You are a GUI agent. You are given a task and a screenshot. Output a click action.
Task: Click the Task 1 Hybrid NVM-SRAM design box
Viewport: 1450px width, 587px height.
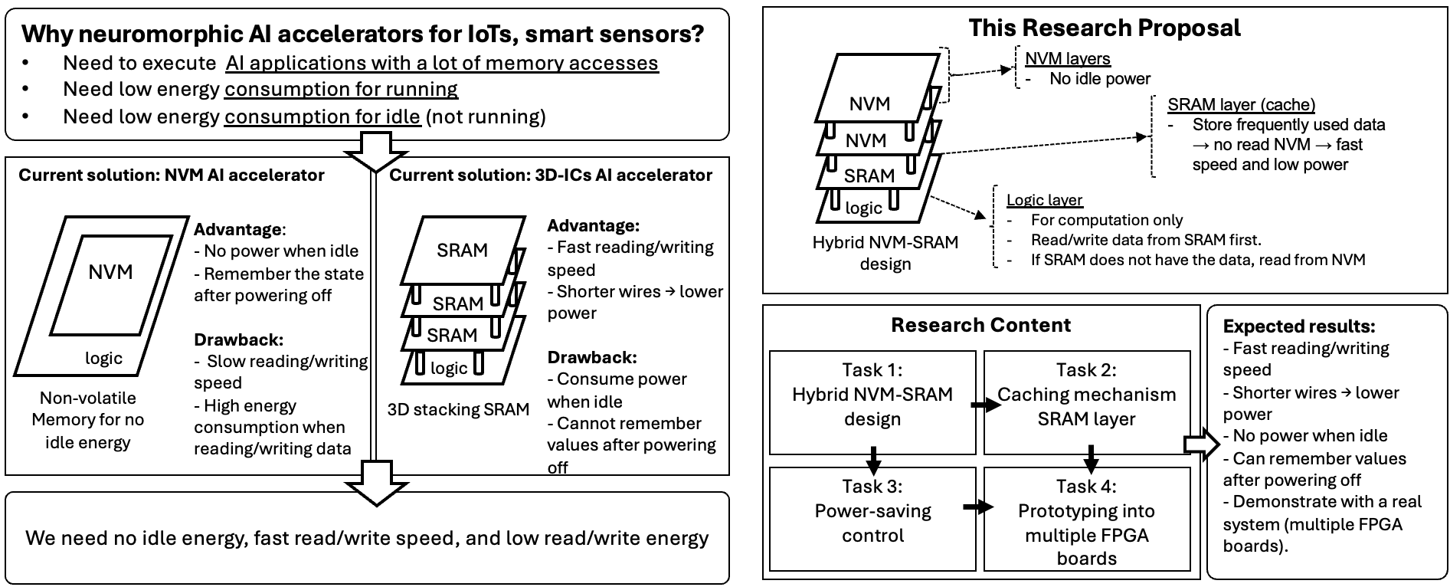coord(872,403)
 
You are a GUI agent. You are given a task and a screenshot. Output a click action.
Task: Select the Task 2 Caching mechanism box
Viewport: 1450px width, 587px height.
coord(1086,403)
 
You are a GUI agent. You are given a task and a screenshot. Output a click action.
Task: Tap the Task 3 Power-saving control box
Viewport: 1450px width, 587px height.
coord(872,520)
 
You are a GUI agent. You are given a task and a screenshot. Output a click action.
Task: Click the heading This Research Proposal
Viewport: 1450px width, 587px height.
coord(1104,28)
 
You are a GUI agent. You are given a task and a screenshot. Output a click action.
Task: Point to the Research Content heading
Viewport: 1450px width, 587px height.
coord(980,325)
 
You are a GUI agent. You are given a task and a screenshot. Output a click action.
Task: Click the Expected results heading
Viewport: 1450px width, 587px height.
coord(1298,326)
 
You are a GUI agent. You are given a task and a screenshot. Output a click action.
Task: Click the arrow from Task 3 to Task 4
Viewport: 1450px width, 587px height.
coord(977,507)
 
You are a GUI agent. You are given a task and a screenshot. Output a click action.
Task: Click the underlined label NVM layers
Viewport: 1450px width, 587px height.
coord(1067,59)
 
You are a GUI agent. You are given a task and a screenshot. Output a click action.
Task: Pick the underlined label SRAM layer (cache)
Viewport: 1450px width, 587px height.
coord(1241,105)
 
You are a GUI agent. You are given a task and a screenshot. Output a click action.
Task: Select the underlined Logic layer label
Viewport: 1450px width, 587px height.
coord(1044,200)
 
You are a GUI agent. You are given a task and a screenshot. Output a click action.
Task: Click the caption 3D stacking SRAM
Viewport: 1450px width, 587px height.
coord(458,409)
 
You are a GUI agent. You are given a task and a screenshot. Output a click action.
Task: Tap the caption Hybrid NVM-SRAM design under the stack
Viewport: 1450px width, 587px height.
coord(885,253)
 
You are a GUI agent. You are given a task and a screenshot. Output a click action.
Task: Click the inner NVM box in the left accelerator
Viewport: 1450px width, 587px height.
coord(111,273)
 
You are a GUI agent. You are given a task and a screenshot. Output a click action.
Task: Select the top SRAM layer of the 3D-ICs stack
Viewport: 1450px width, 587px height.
coord(462,251)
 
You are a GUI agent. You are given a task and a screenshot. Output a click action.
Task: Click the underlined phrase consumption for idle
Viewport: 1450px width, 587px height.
coord(322,116)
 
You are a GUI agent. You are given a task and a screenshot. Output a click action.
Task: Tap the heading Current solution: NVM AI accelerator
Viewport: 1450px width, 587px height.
coord(172,175)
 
